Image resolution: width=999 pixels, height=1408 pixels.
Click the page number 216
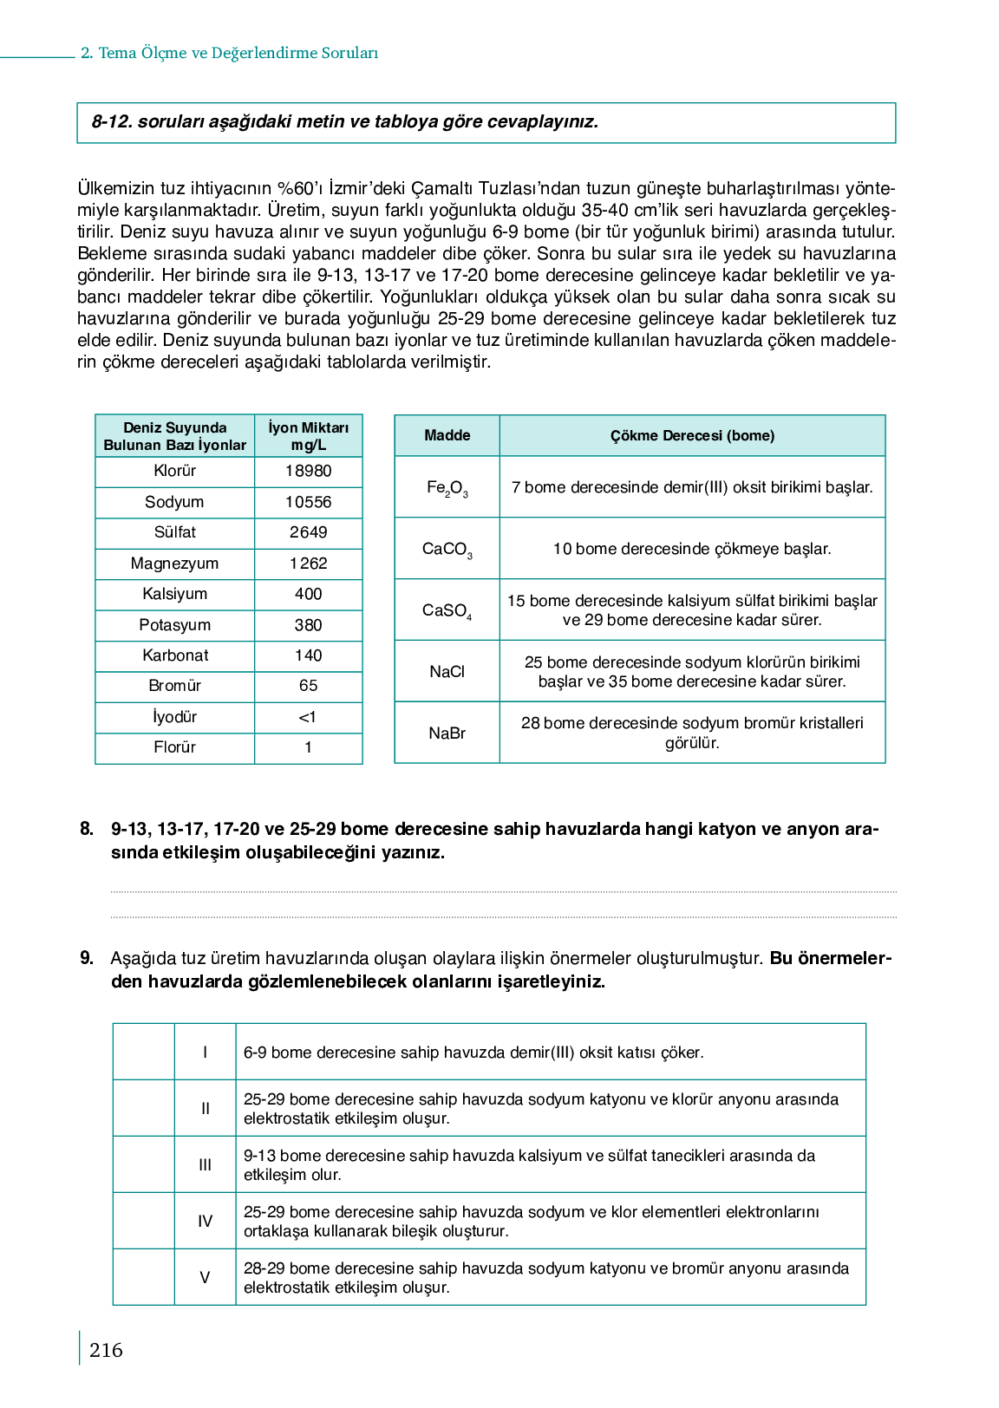[x=106, y=1350]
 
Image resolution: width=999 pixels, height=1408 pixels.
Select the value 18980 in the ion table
[x=308, y=471]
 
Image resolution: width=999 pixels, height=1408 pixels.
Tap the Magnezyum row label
[x=174, y=564]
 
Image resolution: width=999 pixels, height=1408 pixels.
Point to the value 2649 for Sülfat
[x=308, y=532]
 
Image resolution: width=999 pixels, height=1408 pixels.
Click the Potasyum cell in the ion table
[x=174, y=625]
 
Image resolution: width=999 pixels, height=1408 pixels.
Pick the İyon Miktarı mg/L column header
[x=308, y=436]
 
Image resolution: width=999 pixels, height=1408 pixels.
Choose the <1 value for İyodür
[x=308, y=717]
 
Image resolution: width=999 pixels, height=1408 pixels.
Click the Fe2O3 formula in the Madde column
[x=447, y=488]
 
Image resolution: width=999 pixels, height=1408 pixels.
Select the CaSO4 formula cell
[x=447, y=610]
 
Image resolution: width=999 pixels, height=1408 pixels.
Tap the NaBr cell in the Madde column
[x=447, y=733]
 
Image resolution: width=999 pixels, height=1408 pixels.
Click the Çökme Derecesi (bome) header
[x=692, y=435]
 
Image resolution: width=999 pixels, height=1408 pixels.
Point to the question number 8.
[x=87, y=829]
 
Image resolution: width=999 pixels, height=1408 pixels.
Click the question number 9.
[x=87, y=958]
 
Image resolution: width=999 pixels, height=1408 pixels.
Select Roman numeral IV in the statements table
[x=205, y=1222]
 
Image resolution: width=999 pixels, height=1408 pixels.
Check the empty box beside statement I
[x=144, y=1052]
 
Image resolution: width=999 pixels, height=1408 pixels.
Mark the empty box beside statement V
[x=144, y=1277]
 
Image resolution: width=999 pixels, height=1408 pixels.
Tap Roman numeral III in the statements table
[x=205, y=1165]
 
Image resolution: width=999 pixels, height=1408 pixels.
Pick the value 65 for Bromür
[x=308, y=686]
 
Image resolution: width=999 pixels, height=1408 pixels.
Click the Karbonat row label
[x=174, y=655]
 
